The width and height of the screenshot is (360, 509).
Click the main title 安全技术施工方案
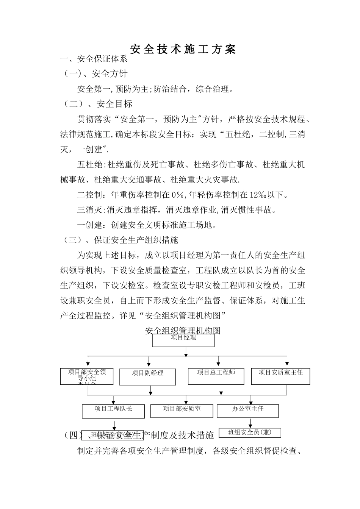(183, 49)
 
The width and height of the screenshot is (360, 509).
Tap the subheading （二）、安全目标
(97, 104)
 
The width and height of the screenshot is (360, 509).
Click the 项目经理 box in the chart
(183, 339)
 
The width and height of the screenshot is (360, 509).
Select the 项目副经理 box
(147, 376)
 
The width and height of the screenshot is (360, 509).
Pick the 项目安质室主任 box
(280, 376)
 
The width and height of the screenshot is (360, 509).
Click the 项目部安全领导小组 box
(87, 376)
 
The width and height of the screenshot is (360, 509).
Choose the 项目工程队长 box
(113, 411)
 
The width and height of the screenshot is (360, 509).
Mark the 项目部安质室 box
(182, 411)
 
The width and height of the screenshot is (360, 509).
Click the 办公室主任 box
(248, 411)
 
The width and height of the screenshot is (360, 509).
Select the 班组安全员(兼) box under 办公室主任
(250, 432)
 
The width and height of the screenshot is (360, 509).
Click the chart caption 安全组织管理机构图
(183, 330)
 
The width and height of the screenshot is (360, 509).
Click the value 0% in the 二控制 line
(177, 195)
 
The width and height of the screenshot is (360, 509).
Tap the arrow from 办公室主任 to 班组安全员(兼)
(250, 422)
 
